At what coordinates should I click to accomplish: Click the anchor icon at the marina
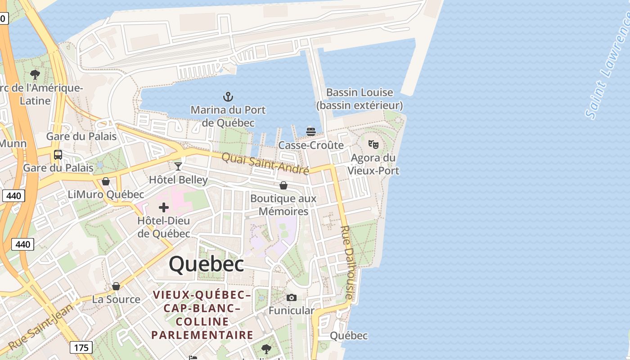click(228, 96)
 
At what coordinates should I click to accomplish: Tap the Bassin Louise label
click(360, 99)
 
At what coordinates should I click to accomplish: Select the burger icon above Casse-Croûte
click(311, 131)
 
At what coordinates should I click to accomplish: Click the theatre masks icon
click(373, 144)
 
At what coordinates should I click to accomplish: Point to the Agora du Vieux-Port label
click(373, 164)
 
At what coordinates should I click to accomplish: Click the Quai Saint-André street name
click(265, 163)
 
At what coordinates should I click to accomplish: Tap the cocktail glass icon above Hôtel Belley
click(178, 166)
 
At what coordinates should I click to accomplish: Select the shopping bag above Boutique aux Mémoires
click(283, 185)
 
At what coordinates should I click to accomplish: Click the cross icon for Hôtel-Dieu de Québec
click(164, 207)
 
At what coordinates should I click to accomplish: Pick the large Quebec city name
click(207, 264)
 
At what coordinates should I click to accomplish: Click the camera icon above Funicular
click(292, 297)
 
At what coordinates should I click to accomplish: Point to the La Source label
click(116, 299)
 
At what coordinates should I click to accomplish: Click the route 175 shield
click(81, 347)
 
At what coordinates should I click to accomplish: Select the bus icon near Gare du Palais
click(58, 155)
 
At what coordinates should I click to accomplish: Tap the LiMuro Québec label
click(106, 194)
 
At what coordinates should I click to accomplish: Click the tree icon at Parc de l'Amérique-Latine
click(35, 75)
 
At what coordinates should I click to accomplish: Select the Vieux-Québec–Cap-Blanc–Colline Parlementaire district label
click(202, 315)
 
